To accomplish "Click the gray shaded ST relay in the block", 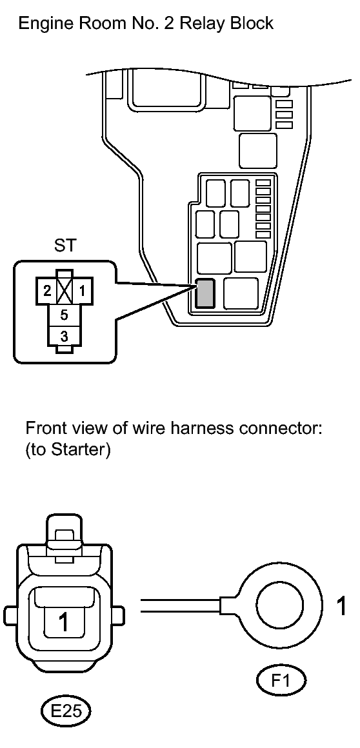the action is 205,293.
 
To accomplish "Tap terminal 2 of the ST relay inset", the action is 47,291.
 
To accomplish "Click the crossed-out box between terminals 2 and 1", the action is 65,290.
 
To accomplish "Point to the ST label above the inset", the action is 65,246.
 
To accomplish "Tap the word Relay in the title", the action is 208,23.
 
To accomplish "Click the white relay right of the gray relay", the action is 241,293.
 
